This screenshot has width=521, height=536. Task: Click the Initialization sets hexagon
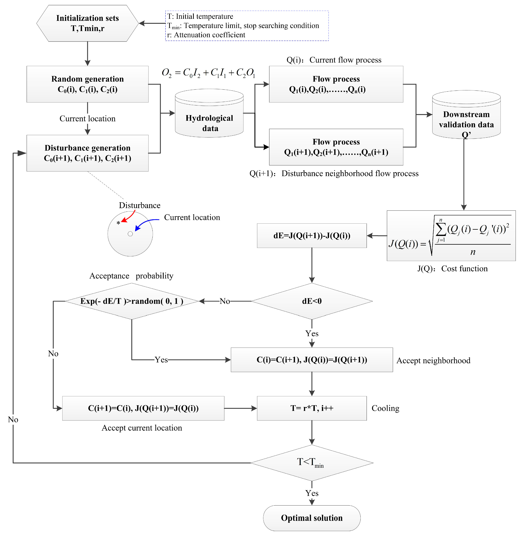88,23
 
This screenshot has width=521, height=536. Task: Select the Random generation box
88,84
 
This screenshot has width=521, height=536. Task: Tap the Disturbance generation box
88,153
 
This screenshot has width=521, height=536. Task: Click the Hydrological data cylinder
209,113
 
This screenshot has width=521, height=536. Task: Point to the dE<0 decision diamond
312,301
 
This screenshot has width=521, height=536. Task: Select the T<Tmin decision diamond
312,463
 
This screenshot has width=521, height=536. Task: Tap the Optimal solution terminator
312,518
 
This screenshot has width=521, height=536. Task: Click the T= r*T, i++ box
312,408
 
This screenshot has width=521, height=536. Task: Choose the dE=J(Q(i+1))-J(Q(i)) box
312,236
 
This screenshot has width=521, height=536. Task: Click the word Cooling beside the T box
385,408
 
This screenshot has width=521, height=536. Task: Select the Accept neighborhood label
433,360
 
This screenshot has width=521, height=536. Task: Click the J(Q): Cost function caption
453,269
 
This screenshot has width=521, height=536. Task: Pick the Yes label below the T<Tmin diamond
312,493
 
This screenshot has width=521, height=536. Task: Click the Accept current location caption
142,428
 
